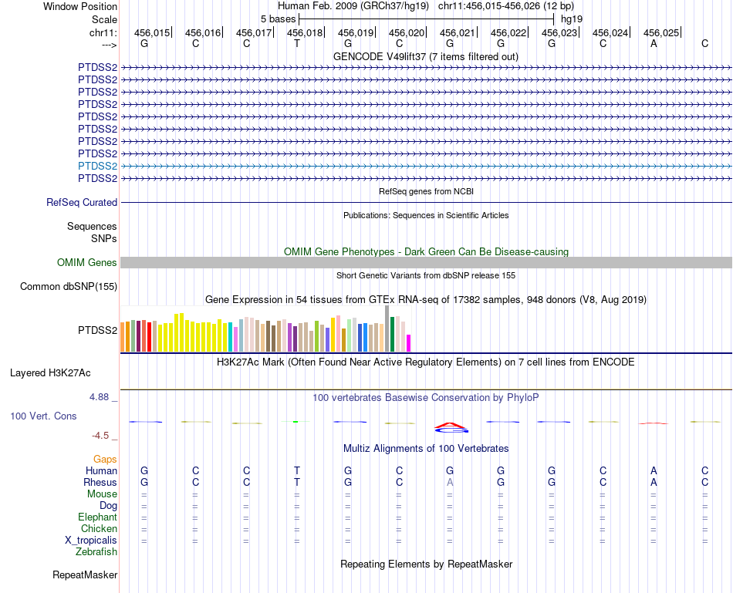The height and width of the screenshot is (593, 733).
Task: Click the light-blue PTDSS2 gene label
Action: click(97, 166)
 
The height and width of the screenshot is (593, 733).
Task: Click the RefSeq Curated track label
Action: click(82, 202)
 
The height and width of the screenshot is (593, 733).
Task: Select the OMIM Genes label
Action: click(87, 263)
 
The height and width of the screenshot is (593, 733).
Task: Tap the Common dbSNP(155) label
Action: click(69, 287)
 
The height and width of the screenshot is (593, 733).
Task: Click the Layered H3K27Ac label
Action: click(50, 373)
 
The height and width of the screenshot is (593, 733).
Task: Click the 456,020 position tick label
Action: click(407, 33)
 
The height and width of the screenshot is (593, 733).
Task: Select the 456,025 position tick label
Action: click(661, 33)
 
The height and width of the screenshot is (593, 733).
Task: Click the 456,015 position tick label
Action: click(152, 33)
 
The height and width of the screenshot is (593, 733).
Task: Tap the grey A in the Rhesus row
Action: click(450, 482)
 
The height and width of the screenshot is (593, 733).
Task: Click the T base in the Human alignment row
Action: click(297, 470)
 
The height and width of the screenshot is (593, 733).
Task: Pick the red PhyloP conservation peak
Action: click(450, 425)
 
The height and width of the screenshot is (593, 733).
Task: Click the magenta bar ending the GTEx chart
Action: click(409, 342)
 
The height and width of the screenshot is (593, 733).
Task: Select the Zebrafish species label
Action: click(96, 552)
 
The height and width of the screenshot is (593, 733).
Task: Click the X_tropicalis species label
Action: click(91, 541)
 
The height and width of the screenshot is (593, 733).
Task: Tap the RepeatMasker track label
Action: click(85, 575)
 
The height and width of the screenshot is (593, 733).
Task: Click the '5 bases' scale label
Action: click(278, 19)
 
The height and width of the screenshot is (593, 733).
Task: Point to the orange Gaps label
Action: click(105, 460)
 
